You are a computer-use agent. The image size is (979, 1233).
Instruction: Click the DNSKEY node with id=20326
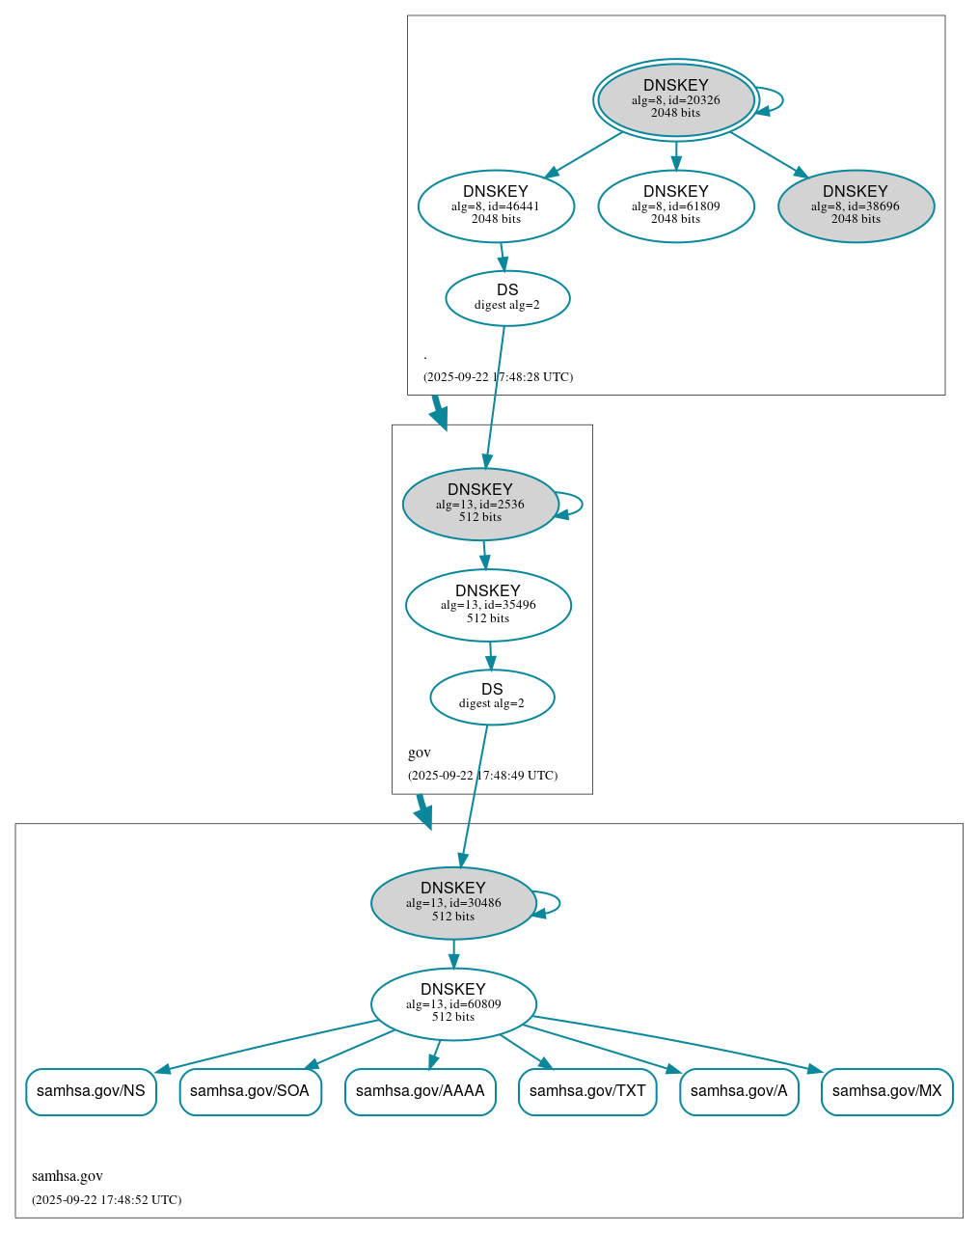675,99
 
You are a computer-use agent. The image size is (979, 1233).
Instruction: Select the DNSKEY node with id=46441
496,205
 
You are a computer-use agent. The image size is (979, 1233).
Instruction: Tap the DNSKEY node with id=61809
675,205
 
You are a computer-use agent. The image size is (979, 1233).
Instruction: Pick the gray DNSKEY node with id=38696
856,205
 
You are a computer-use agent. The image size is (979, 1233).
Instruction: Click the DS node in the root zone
507,298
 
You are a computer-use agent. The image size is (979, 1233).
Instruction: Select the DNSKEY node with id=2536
479,504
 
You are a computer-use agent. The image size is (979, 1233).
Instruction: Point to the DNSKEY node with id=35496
488,605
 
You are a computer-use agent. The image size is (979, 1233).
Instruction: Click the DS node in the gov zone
492,697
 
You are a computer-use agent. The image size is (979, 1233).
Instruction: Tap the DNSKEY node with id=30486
453,903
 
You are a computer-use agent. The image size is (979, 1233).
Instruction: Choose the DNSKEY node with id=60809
453,1003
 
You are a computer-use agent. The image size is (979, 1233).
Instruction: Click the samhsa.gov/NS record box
91,1091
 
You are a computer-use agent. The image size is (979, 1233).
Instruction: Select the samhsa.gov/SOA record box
250,1091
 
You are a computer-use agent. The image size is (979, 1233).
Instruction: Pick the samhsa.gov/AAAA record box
421,1091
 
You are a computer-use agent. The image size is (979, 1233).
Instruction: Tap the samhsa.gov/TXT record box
587,1091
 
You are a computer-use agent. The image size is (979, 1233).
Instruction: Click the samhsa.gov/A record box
739,1091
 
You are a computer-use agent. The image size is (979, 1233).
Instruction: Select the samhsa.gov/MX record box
886,1091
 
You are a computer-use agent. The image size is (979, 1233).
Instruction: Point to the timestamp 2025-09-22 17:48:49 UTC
482,775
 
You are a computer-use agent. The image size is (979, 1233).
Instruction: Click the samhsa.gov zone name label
68,1175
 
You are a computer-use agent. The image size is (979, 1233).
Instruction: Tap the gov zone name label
420,753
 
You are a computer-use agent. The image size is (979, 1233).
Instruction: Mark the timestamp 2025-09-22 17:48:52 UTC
106,1199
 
